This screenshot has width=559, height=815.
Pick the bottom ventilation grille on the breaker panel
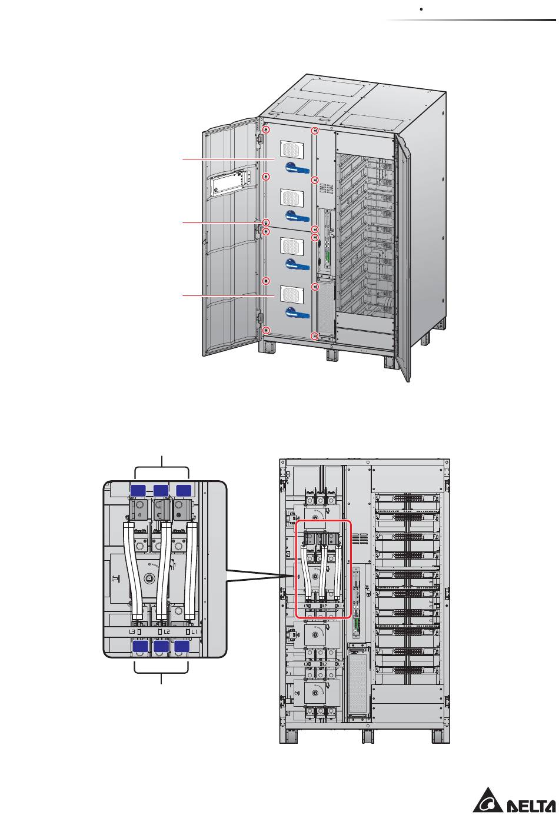tap(291, 295)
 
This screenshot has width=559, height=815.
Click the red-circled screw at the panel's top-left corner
tap(266, 130)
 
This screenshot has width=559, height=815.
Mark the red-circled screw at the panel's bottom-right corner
tap(315, 336)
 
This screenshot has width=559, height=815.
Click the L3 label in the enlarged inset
tap(132, 631)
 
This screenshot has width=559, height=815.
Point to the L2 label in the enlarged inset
tap(166, 631)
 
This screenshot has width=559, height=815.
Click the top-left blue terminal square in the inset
tap(138, 491)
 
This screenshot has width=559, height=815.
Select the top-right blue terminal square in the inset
tap(184, 491)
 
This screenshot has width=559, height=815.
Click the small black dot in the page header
tap(421, 10)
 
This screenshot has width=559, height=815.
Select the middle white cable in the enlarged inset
tap(162, 571)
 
